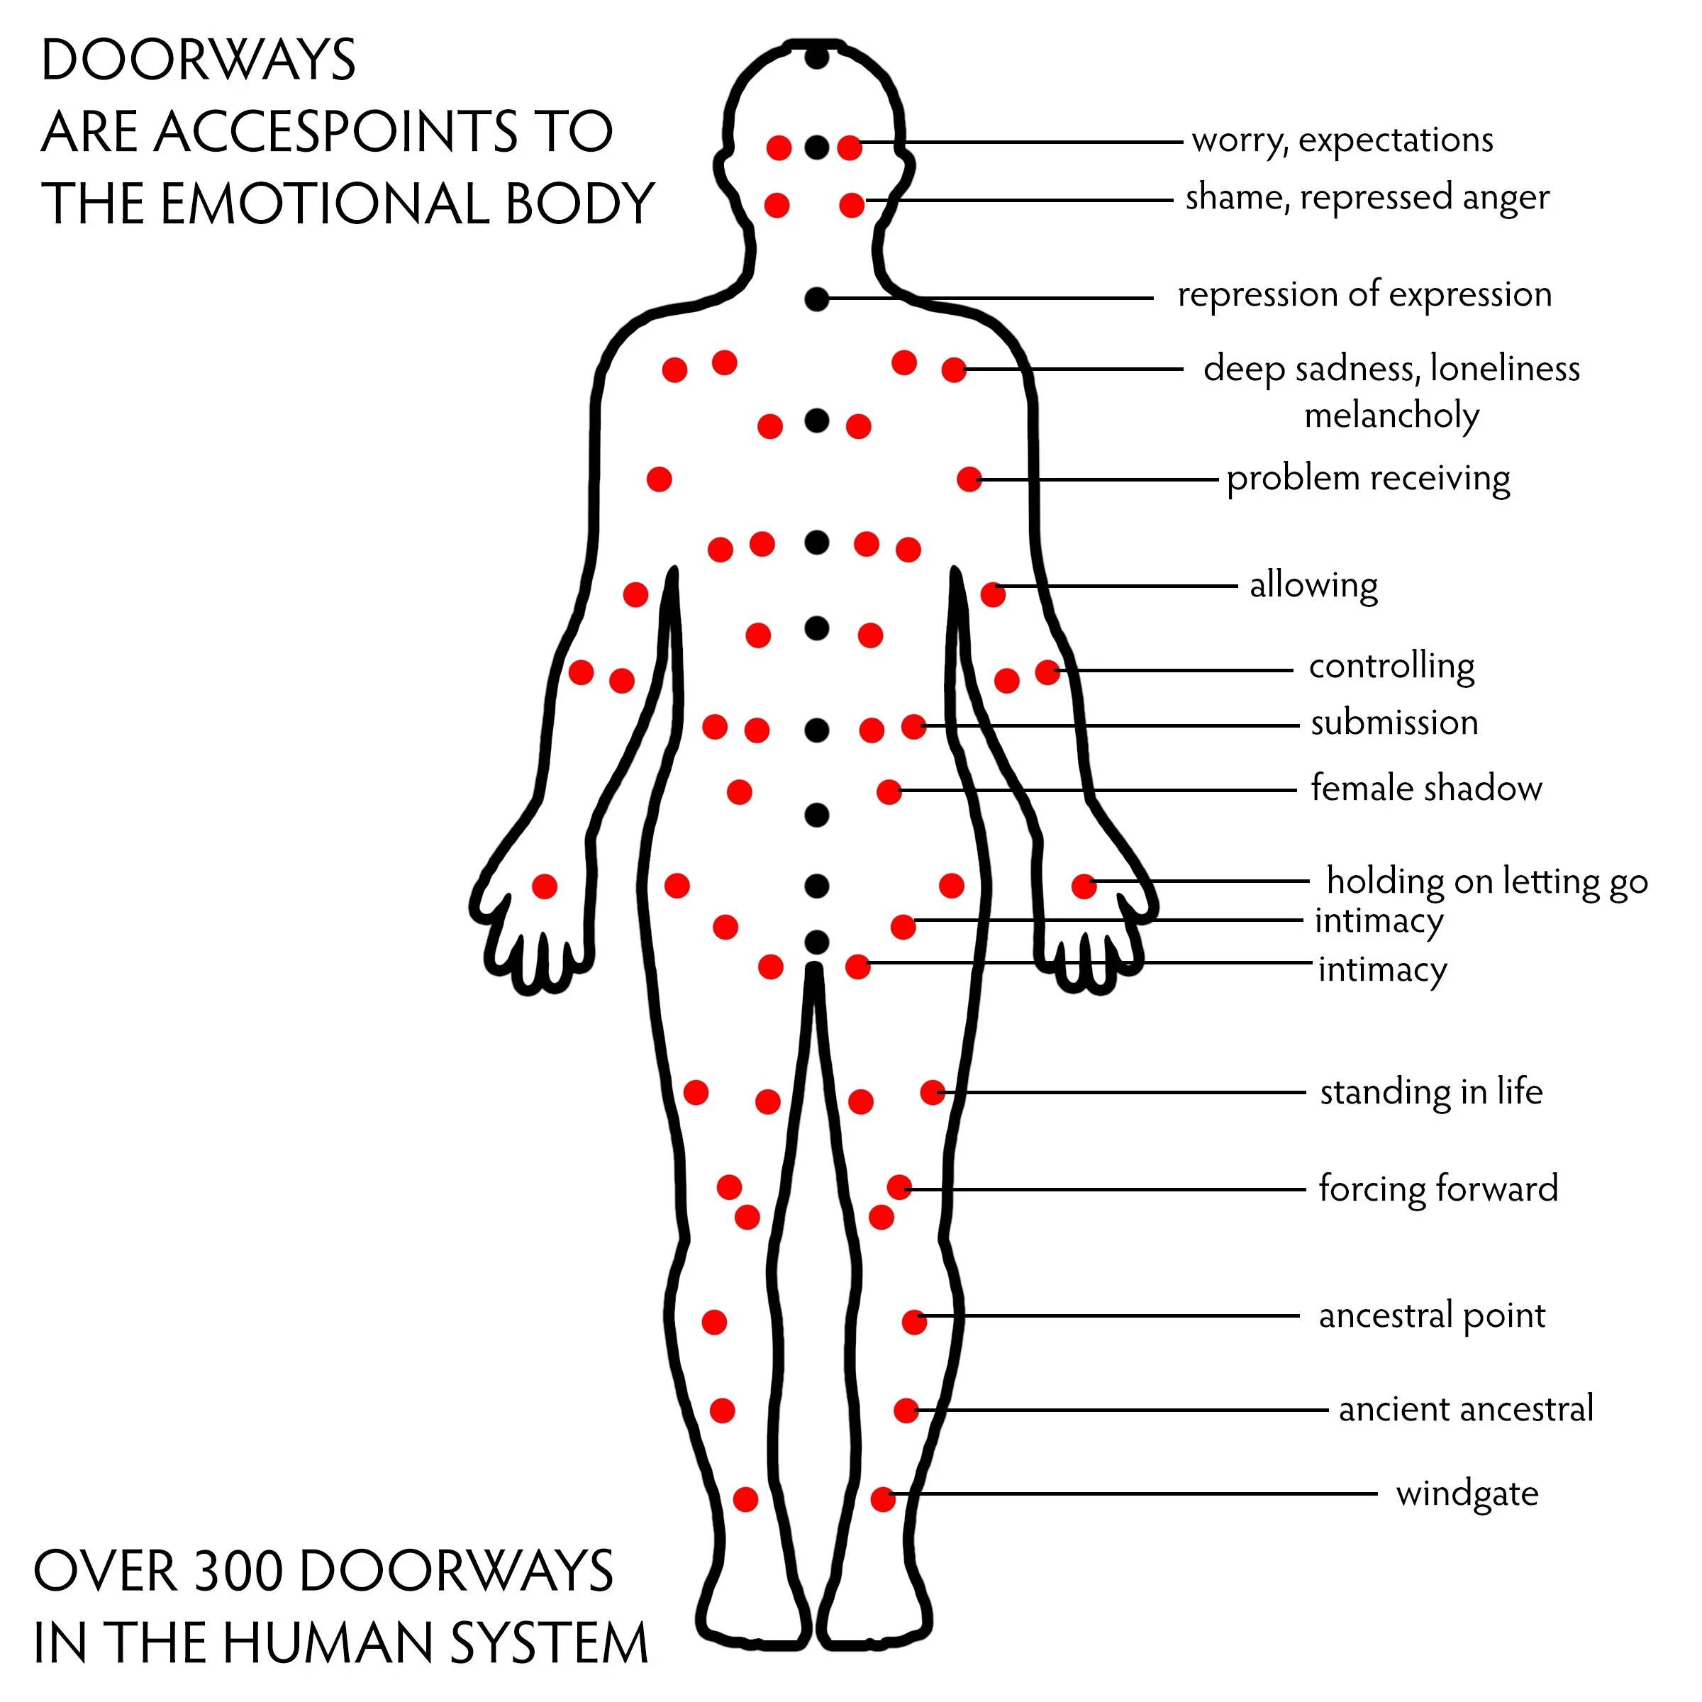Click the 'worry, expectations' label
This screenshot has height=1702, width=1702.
[1342, 141]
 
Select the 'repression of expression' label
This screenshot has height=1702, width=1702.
[1364, 295]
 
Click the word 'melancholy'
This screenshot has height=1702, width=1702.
[1392, 415]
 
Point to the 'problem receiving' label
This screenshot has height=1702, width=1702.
[1368, 479]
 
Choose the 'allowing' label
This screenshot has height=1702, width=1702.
[1313, 585]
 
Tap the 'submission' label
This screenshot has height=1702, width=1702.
[1394, 723]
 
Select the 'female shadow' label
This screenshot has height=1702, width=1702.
[1426, 789]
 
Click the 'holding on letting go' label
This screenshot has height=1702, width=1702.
[1487, 881]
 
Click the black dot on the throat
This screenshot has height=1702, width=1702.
[817, 299]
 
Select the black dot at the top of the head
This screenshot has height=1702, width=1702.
[818, 58]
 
